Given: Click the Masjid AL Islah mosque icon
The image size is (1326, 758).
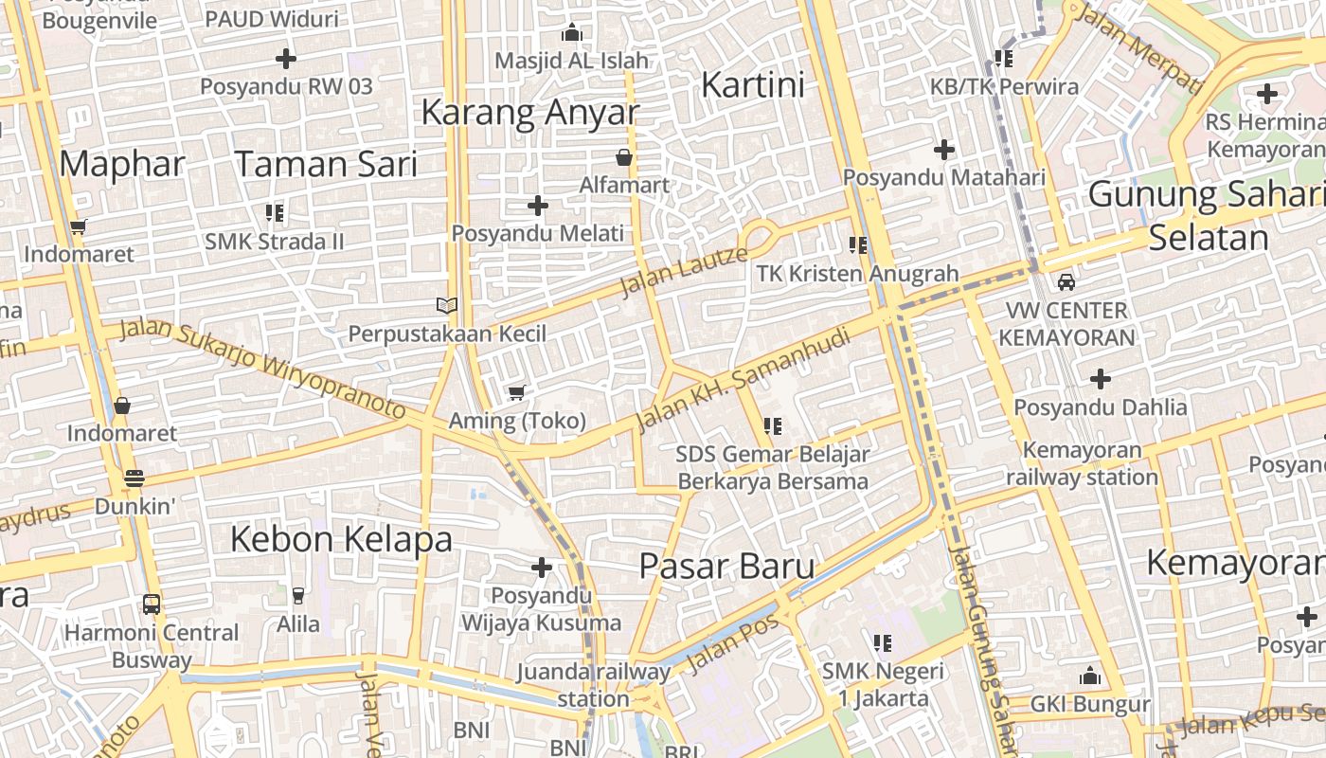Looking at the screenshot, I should [571, 33].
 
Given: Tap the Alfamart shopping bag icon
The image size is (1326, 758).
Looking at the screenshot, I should [624, 157].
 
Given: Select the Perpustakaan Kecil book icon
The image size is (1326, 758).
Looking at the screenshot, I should [447, 305].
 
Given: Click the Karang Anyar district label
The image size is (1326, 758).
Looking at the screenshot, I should [529, 112].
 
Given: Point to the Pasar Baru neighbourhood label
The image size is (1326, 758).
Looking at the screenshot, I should [726, 567].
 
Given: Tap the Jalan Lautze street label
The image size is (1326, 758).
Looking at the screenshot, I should [683, 271].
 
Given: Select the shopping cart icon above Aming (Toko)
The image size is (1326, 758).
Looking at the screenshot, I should [516, 392].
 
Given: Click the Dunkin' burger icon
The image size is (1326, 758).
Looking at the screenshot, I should [134, 478].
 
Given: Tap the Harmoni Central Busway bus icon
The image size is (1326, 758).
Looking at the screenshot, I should [151, 604].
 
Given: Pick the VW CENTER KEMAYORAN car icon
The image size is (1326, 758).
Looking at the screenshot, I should [1066, 282].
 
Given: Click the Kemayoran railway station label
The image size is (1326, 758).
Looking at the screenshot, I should [1082, 463].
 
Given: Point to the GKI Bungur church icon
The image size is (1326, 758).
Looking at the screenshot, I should [1090, 677].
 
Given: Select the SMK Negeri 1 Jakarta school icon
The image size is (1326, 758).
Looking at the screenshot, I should [883, 644].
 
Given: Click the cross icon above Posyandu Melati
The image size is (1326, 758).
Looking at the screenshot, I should [538, 206].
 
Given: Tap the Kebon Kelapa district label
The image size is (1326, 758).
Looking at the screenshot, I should [341, 539].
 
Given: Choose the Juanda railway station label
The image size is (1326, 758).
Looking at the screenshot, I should [593, 685].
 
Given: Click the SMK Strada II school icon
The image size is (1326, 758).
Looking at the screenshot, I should [275, 213].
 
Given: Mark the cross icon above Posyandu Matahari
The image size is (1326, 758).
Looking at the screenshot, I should [944, 150].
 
